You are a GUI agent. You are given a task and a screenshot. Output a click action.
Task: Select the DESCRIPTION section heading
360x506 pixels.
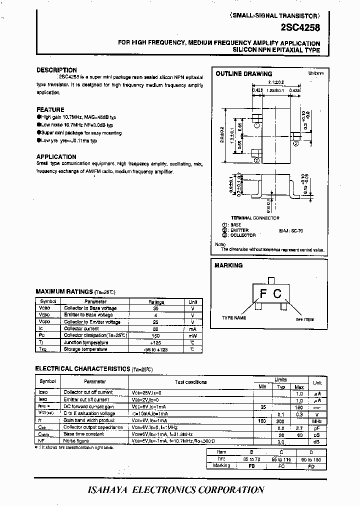pos(56,70)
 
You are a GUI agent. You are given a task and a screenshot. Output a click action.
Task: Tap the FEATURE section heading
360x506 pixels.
pos(50,109)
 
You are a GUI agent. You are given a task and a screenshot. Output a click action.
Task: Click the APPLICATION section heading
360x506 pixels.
pos(56,157)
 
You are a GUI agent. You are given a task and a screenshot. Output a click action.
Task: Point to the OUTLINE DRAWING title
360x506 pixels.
pos(243,74)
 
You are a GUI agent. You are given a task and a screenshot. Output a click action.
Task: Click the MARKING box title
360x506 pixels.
pos(228,265)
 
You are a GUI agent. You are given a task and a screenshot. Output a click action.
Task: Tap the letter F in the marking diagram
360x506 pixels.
pos(262,293)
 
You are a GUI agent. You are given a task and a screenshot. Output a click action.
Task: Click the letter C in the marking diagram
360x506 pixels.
pos(277,293)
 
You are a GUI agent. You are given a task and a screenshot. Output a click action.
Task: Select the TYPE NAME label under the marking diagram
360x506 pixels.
pos(234,317)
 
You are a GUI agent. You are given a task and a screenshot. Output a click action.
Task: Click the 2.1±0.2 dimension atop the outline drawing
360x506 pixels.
pos(275,82)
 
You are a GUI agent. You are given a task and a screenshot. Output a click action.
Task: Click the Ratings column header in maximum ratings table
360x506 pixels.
pos(156,301)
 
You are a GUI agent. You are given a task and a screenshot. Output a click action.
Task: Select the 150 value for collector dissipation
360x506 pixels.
pos(156,335)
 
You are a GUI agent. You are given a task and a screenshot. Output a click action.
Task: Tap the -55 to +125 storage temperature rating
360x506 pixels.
pos(156,349)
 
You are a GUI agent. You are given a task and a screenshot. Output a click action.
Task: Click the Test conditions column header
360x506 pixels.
pos(190,382)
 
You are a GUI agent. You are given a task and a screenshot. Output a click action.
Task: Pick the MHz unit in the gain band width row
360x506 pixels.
pos(317,421)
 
